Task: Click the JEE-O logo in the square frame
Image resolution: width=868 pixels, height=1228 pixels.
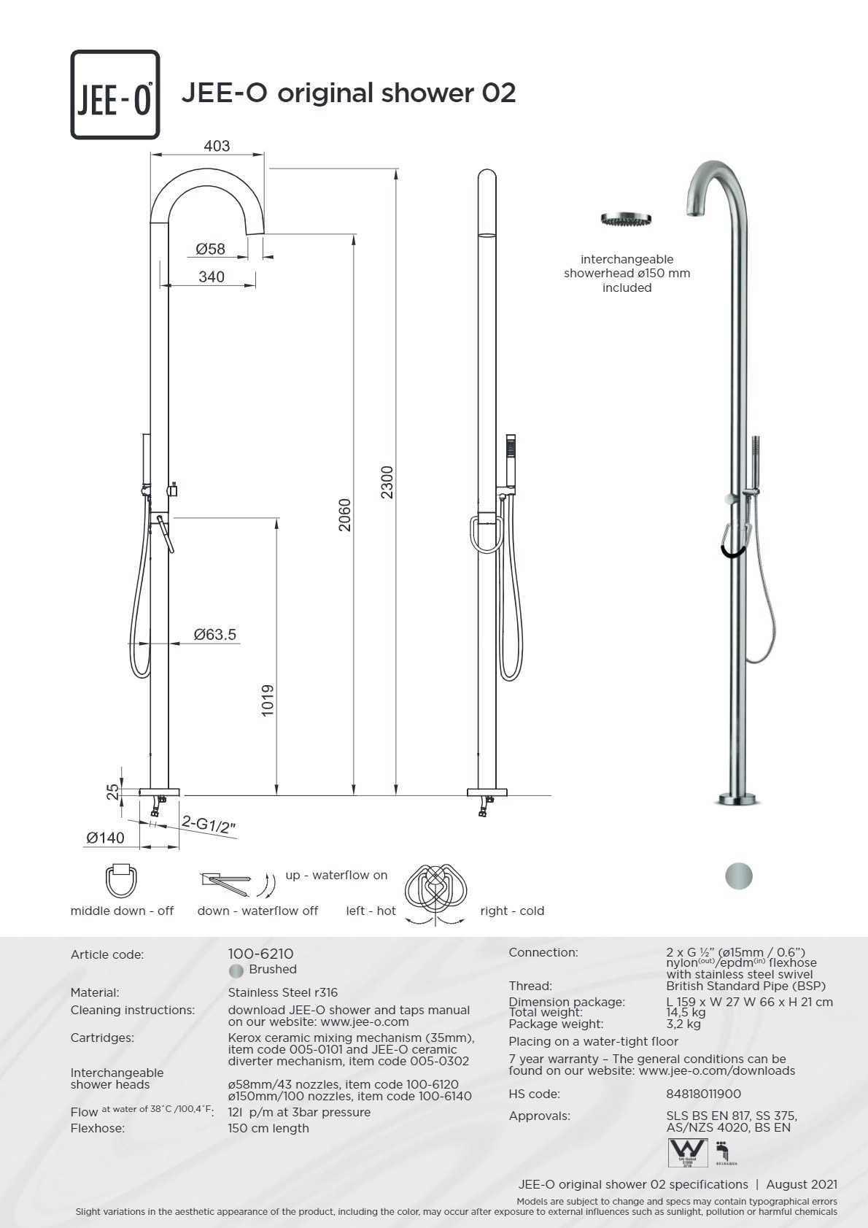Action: (115, 95)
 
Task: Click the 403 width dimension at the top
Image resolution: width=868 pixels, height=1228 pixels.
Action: (217, 146)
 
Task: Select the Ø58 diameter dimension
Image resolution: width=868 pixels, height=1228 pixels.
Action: (211, 249)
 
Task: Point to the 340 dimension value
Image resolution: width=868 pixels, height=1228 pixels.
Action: (212, 277)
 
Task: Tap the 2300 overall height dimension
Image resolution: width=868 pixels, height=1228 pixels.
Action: (387, 482)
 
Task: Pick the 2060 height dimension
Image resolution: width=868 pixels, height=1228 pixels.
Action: (345, 514)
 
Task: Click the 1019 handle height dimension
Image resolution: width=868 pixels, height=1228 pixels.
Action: (268, 700)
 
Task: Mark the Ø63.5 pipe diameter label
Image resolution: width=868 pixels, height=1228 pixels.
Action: (215, 634)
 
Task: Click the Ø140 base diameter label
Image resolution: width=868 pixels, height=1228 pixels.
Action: (106, 838)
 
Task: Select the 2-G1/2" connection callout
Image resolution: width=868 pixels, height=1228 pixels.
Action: (209, 825)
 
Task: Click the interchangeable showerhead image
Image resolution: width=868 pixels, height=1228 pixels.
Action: (626, 219)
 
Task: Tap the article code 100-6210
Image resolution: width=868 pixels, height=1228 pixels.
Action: (260, 954)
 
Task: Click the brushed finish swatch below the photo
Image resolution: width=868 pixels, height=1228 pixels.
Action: (739, 876)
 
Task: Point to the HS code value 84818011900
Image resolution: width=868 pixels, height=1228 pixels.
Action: (703, 1094)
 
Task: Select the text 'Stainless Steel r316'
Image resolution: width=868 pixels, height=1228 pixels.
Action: (282, 992)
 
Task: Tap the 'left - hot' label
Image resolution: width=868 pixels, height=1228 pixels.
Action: (371, 911)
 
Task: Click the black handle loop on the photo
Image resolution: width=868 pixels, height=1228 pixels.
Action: (732, 547)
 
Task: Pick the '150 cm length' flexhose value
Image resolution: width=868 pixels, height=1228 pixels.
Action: (268, 1128)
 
